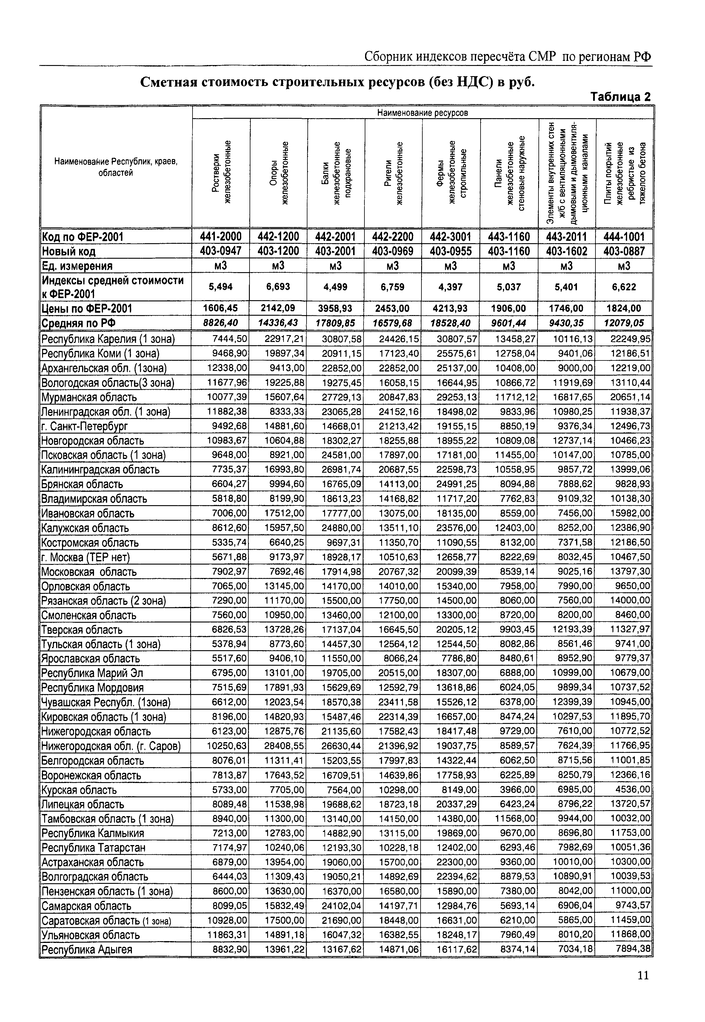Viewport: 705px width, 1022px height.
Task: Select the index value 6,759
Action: coord(393,287)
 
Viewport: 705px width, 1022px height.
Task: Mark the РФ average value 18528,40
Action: coord(451,323)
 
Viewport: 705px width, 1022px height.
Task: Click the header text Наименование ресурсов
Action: coord(422,113)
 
